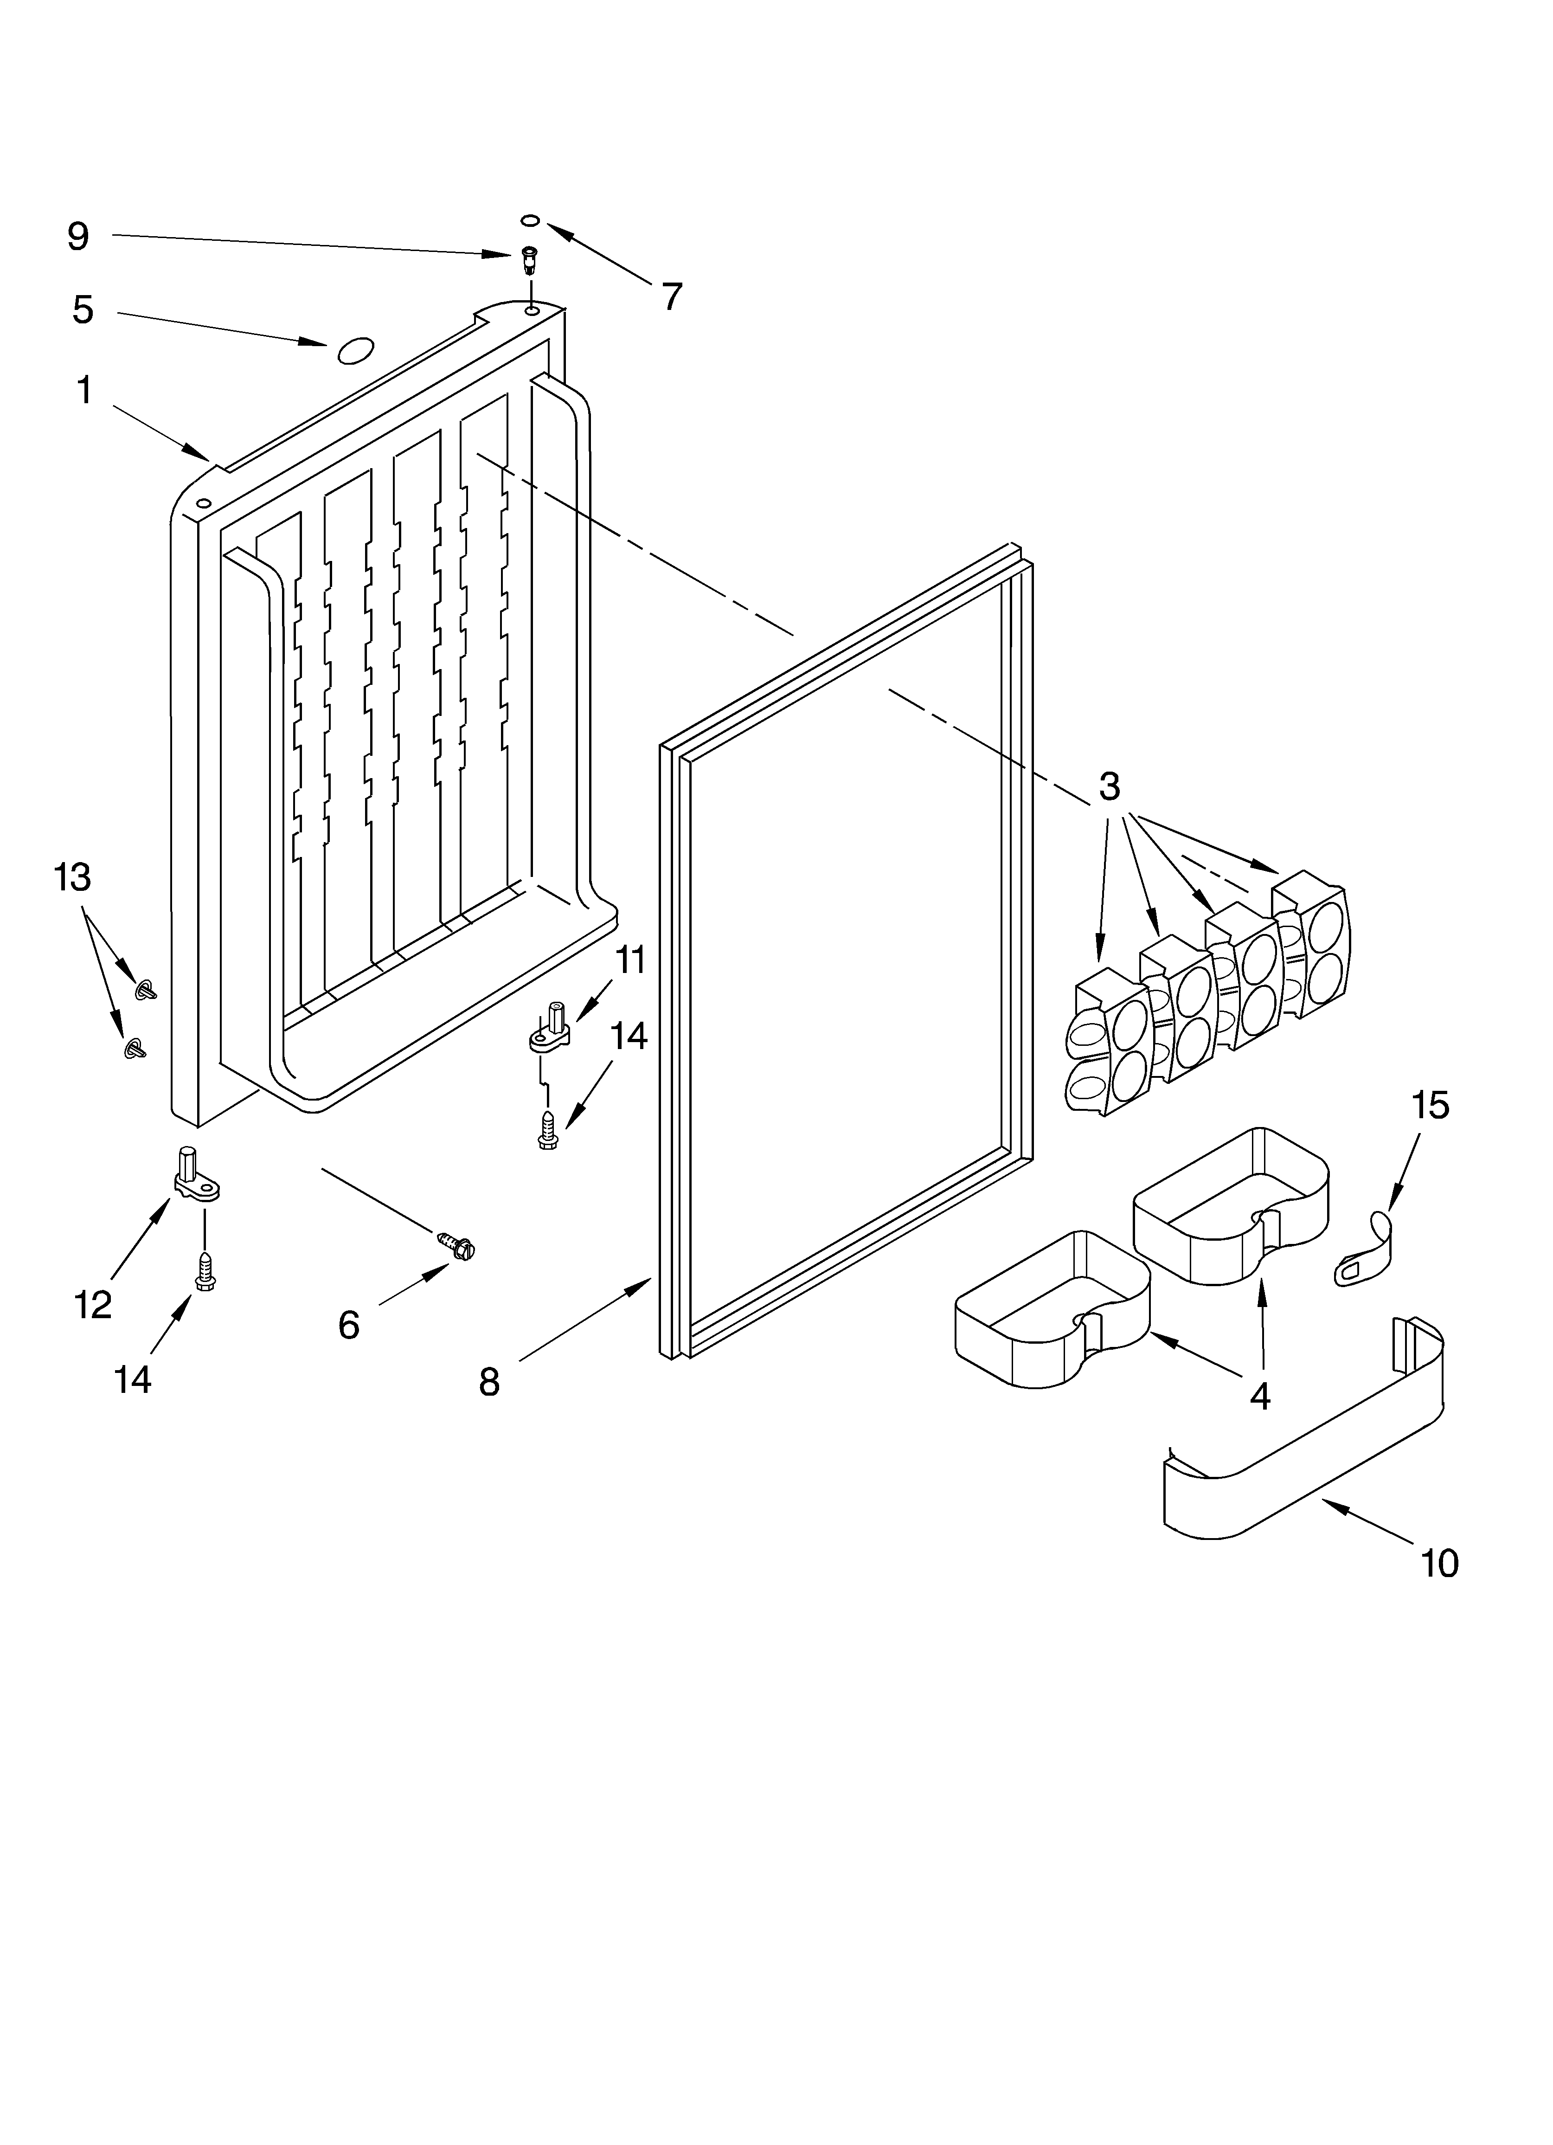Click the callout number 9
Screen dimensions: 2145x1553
(x=78, y=237)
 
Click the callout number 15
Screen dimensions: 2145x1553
(x=1430, y=1105)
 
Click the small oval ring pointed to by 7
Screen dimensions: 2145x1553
(x=531, y=221)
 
